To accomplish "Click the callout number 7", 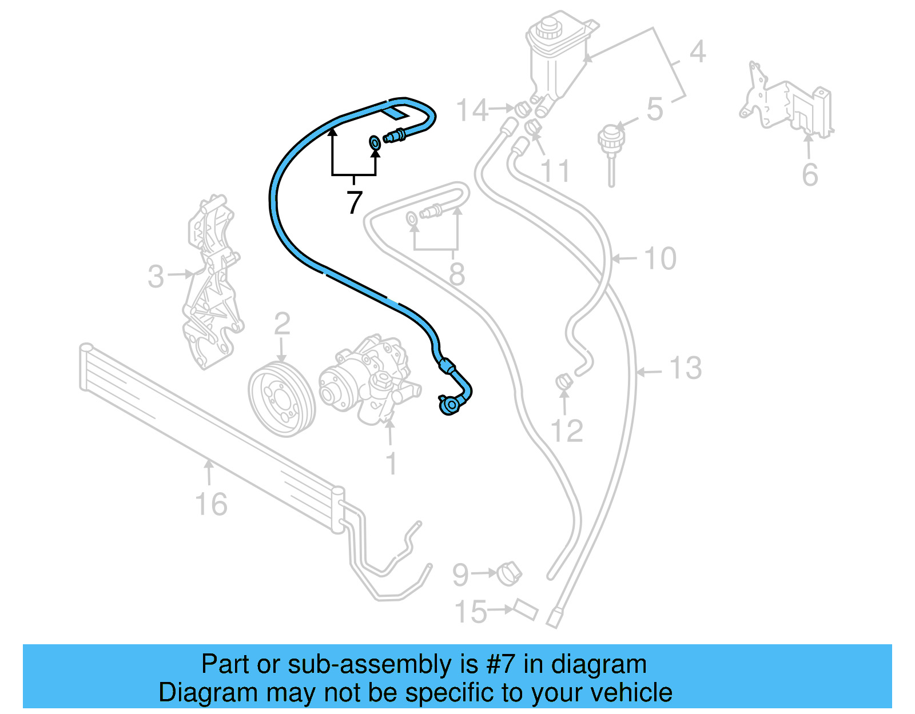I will [355, 202].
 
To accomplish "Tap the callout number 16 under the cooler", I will [211, 504].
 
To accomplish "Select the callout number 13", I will [685, 368].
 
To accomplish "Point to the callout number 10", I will [660, 259].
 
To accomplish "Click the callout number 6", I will [810, 174].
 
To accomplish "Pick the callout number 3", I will [156, 277].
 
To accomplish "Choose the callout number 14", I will [472, 110].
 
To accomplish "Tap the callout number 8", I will [456, 274].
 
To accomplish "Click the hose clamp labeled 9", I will [508, 573].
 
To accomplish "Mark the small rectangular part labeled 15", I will [526, 610].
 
